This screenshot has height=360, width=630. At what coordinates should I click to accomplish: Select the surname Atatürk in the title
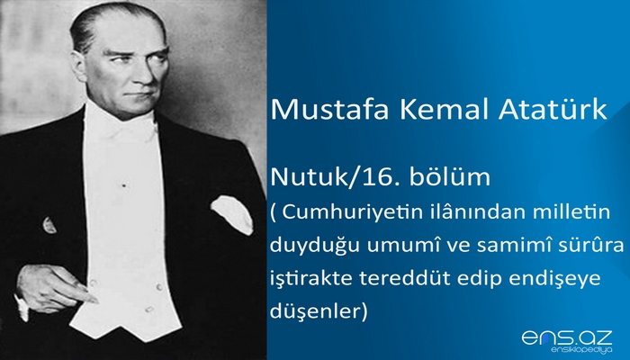[x=550, y=111]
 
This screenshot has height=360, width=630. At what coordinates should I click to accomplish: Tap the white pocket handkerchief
[x=231, y=214]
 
